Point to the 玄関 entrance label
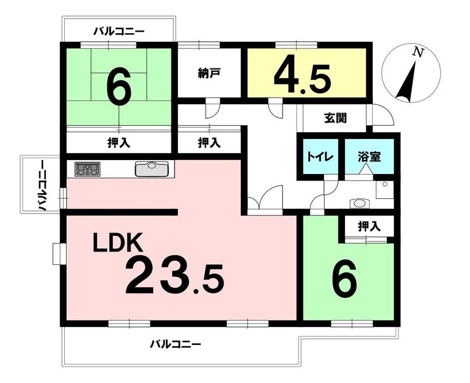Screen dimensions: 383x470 coord(335,118)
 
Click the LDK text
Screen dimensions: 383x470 coord(121,243)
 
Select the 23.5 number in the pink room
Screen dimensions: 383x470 coord(174,277)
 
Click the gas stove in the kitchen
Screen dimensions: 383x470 coord(88,170)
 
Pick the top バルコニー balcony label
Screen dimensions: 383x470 coord(119,30)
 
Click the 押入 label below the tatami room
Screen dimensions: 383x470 coord(118,143)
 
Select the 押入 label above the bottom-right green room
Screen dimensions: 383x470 coord(369,225)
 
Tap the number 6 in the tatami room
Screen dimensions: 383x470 coord(119,88)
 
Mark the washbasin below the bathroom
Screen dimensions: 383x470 coord(360,203)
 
